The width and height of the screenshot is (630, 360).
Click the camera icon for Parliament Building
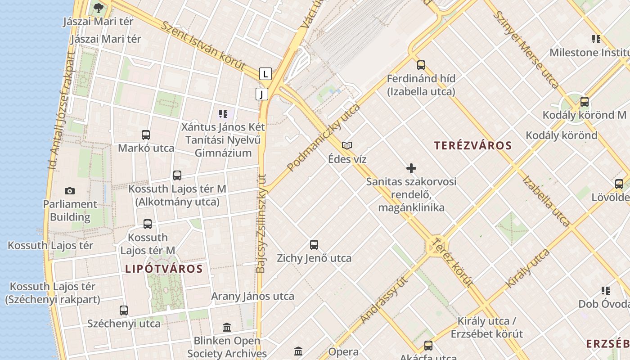pos(70,191)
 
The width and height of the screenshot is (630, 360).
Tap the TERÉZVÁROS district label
pos(473,145)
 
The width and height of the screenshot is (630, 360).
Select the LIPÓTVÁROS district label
pos(164,269)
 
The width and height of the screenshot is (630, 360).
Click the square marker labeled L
pos(266,73)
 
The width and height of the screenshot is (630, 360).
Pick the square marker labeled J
pos(262,94)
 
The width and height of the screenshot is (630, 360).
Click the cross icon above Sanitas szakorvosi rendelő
pos(411,168)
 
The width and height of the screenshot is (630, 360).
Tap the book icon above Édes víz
pos(347,145)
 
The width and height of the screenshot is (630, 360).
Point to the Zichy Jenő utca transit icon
pos(314,245)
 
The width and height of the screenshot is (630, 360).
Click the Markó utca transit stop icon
pos(146,135)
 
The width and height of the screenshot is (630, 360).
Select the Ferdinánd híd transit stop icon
pos(421,65)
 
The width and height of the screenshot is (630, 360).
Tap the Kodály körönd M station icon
pos(585,102)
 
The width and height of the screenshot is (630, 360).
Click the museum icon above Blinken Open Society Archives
pos(227,327)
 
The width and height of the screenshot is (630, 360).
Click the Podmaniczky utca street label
pos(324,137)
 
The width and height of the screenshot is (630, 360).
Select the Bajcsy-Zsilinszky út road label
pos(261,224)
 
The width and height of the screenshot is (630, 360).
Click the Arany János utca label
pos(252,296)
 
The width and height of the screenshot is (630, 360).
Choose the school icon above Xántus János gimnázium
pos(223,114)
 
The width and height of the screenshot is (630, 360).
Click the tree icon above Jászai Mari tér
pos(98,8)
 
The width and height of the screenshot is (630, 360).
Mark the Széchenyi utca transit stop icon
pos(124,310)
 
